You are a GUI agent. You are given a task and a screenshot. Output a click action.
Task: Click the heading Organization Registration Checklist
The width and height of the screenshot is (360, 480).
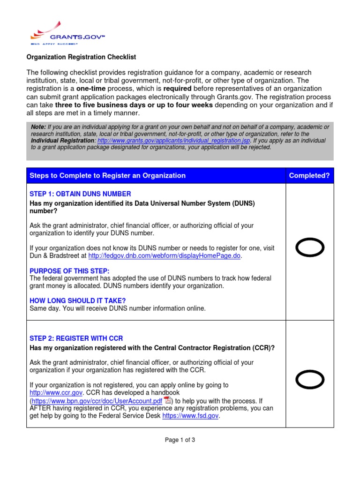(x=81, y=57)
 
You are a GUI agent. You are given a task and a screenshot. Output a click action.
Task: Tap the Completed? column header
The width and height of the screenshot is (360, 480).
(x=309, y=176)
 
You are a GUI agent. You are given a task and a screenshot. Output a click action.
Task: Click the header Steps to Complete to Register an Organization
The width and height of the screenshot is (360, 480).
(x=108, y=176)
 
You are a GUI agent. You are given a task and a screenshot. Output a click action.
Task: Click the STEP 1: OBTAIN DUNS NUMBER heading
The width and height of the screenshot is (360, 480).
(x=80, y=194)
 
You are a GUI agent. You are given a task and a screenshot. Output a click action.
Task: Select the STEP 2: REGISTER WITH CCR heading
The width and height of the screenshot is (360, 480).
(x=76, y=338)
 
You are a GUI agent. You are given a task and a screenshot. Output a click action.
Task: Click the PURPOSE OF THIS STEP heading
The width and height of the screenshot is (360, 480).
(x=69, y=271)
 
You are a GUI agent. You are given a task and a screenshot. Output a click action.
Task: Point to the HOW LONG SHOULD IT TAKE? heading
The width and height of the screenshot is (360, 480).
(x=77, y=300)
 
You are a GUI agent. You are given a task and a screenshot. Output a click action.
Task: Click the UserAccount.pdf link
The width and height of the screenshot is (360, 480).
(x=97, y=401)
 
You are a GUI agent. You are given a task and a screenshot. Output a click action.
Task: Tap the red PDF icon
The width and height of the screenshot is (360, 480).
(x=167, y=400)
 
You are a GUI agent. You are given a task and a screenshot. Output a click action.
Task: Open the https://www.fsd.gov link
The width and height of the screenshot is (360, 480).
(x=190, y=416)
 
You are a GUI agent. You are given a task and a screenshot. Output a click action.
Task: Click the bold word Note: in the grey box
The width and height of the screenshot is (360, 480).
(x=38, y=127)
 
